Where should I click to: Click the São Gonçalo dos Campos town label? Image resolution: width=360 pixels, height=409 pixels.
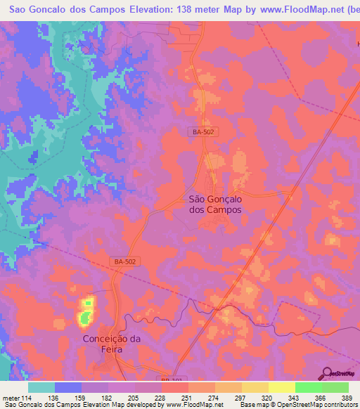coord(215,204)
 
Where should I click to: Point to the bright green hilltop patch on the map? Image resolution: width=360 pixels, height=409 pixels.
coord(85,313)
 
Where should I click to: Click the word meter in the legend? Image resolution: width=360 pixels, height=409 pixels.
coord(11,397)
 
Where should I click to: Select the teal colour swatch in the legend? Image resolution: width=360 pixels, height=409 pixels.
coord(41,387)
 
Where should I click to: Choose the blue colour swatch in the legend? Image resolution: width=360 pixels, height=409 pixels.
coord(68,387)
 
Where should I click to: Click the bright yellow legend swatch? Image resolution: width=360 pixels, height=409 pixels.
coord(281,387)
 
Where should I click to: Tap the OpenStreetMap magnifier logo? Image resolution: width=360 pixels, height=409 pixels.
coord(328,374)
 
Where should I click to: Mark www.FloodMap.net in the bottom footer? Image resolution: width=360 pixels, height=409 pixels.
coord(194,405)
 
